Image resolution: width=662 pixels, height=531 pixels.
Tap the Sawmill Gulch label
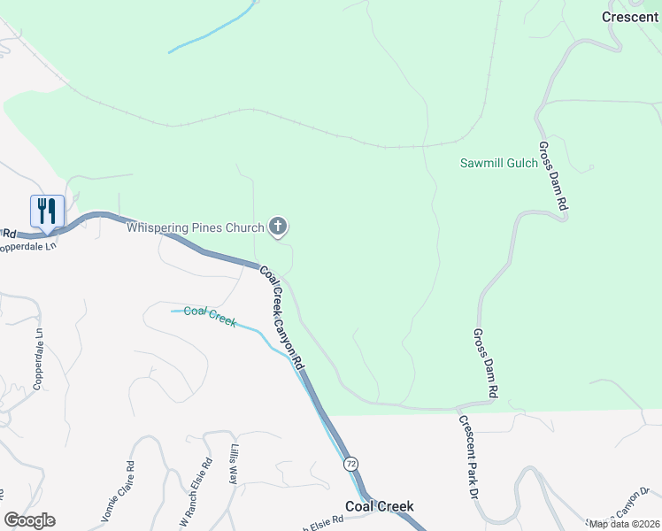point(499,163)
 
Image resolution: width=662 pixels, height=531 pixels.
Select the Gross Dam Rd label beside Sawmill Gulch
point(553,174)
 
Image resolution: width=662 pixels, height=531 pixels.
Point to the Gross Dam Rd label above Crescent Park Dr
point(486,363)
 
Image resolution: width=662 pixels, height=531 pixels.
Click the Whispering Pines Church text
point(196,227)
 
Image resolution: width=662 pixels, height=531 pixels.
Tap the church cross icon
point(278,227)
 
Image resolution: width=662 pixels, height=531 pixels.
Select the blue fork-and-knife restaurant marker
point(48,212)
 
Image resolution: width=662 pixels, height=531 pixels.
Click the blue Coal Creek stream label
point(210,316)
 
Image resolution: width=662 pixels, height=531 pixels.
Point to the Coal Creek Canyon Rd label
point(282,317)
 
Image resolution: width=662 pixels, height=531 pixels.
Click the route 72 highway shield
point(352,464)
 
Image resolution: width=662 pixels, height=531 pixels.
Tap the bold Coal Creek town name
point(379,507)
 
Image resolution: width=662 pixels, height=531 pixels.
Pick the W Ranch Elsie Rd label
point(196,492)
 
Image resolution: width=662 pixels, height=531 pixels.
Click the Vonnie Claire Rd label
point(118,492)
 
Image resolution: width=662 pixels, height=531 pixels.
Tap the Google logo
point(29,520)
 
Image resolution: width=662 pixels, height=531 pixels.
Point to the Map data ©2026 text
point(624,524)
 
